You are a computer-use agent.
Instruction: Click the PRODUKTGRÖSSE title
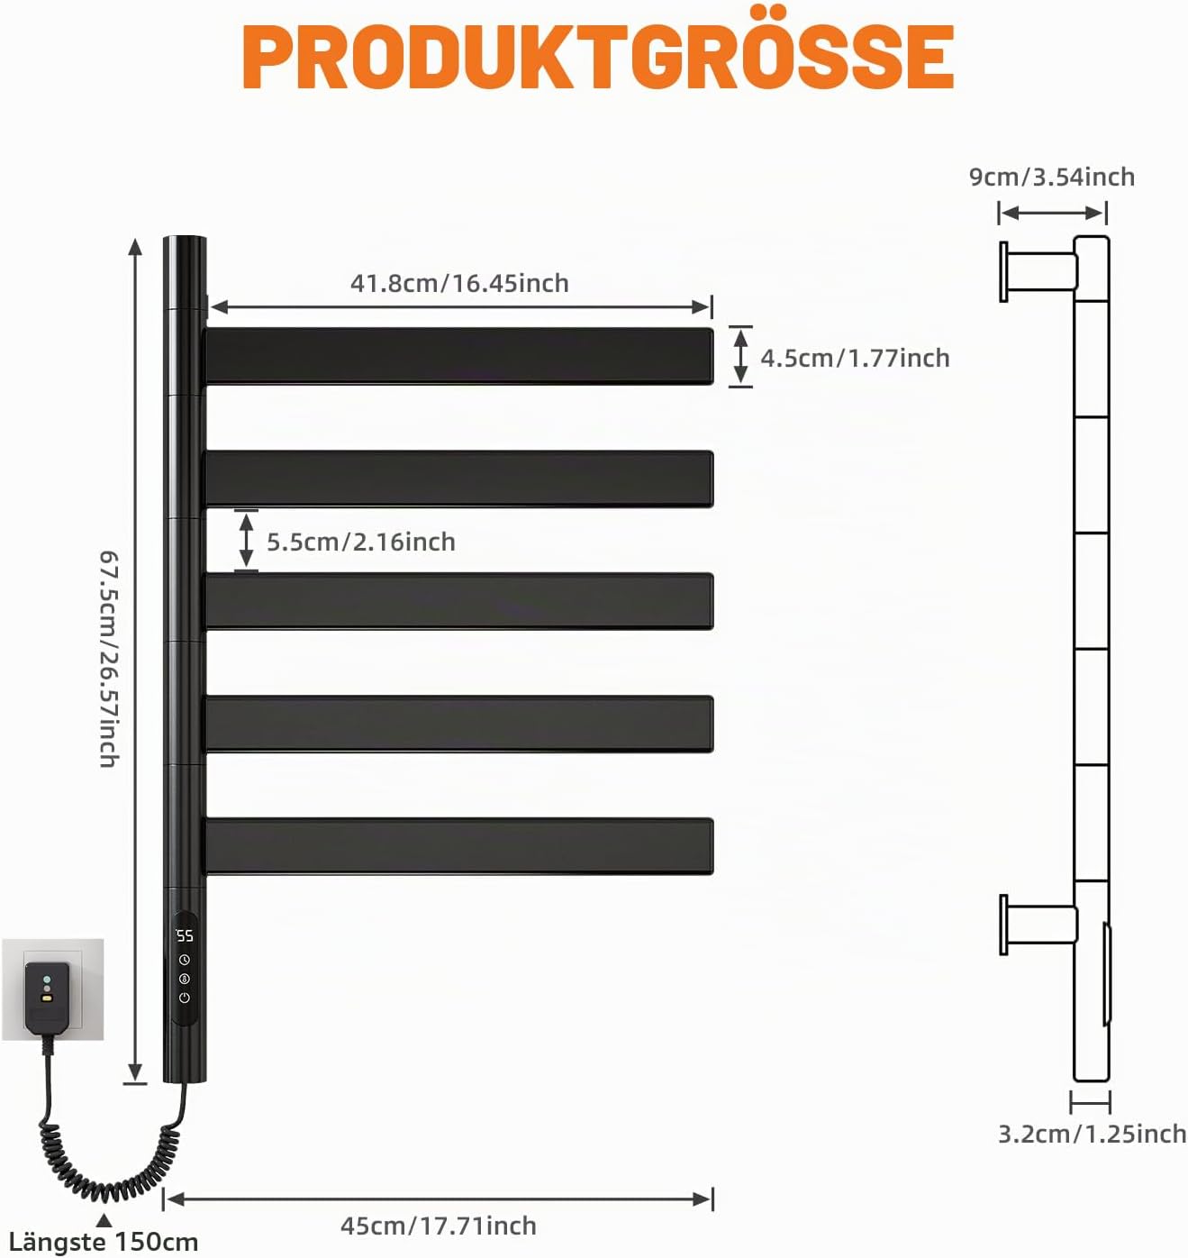coord(598,54)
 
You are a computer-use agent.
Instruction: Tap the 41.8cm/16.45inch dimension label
coord(459,283)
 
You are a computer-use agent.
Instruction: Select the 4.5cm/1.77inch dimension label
coord(855,358)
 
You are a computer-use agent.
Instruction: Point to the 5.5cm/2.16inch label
coord(361,542)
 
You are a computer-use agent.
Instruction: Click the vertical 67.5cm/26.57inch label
coord(110,659)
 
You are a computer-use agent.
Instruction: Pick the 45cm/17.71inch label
coord(439,1226)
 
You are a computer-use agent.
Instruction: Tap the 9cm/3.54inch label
coord(1052,177)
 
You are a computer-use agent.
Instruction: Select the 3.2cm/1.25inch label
coord(1093,1134)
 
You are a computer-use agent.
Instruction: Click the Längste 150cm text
coord(104,1242)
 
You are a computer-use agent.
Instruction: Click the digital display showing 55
coord(185,935)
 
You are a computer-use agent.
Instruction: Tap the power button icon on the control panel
coord(185,998)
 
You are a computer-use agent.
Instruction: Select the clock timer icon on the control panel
coord(185,959)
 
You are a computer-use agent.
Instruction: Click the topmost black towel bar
coord(459,355)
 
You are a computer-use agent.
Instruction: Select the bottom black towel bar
coord(459,846)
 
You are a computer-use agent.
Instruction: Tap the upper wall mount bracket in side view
coord(1038,271)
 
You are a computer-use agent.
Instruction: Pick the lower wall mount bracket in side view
coord(1038,925)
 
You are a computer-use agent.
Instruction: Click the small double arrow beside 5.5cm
coord(247,541)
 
